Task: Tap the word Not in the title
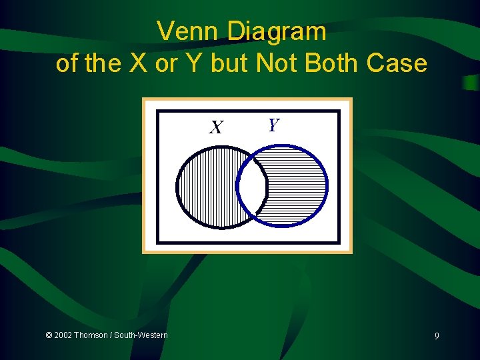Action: point(277,63)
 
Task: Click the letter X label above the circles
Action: point(215,127)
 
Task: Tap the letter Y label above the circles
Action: point(273,125)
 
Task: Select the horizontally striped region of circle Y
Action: point(297,187)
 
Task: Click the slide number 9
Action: point(437,336)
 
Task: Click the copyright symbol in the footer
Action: point(49,335)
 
